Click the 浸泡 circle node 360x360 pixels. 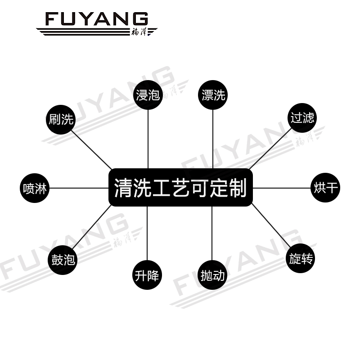148,95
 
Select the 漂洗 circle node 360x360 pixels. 212,95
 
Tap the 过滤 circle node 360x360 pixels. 301,118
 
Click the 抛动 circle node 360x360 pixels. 212,274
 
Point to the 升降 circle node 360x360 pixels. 147,274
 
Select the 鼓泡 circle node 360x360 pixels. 63,260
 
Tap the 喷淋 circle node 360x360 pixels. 35,188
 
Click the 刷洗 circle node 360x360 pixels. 61,119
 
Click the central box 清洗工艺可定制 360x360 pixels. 180,187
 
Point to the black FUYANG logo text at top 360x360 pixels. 96,19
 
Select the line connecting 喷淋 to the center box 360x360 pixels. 79,188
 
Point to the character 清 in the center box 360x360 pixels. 122,188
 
